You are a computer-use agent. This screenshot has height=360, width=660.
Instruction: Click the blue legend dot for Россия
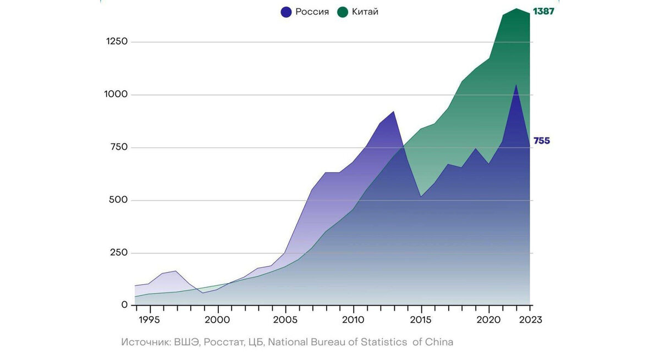click(286, 12)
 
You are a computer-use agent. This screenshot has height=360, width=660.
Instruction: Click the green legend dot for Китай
click(343, 12)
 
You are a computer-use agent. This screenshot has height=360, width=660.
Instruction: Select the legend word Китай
click(365, 12)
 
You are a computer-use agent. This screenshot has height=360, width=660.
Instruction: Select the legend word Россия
click(312, 12)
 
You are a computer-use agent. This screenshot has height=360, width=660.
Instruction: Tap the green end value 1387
click(543, 12)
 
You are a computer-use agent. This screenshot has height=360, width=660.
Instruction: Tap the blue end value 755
click(541, 141)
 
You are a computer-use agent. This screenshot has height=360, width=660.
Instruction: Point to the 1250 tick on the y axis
click(117, 42)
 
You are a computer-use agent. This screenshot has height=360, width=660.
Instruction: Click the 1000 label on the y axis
click(117, 95)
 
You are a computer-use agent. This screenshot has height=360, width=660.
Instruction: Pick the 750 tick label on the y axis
click(119, 147)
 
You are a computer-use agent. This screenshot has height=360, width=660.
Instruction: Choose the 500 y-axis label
click(118, 200)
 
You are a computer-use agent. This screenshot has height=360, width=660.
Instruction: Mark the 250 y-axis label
click(118, 253)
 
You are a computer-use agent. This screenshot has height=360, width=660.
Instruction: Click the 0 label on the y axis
click(124, 305)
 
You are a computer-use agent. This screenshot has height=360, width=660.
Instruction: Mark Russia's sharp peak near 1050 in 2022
click(516, 85)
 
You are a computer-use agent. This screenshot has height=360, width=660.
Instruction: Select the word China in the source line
click(439, 342)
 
